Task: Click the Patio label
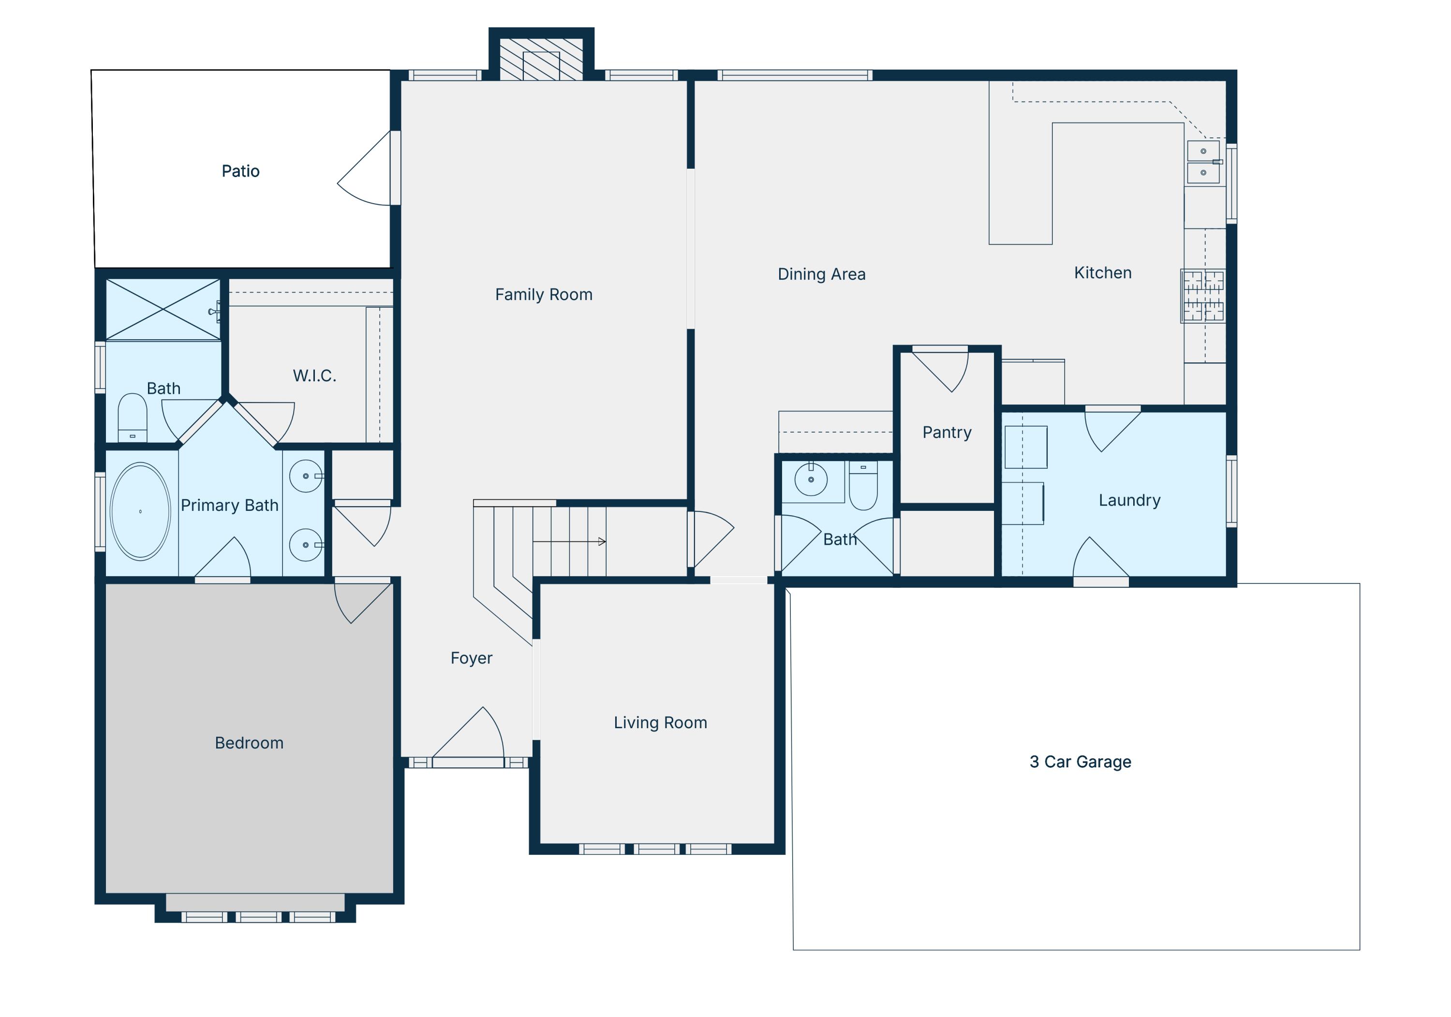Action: (x=240, y=171)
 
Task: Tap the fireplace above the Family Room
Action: (x=541, y=60)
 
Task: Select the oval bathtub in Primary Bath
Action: (x=140, y=511)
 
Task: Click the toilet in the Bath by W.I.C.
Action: (x=132, y=417)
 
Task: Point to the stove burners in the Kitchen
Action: (x=1203, y=296)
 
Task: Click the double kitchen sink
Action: (x=1203, y=162)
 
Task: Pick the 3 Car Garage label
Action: (x=1080, y=762)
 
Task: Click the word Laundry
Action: (x=1129, y=500)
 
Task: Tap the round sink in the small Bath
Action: (x=811, y=479)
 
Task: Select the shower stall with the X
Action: (x=163, y=310)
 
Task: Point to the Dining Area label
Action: (x=821, y=274)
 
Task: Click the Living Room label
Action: (x=660, y=722)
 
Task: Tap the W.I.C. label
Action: (x=314, y=376)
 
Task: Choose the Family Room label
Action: (x=544, y=295)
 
